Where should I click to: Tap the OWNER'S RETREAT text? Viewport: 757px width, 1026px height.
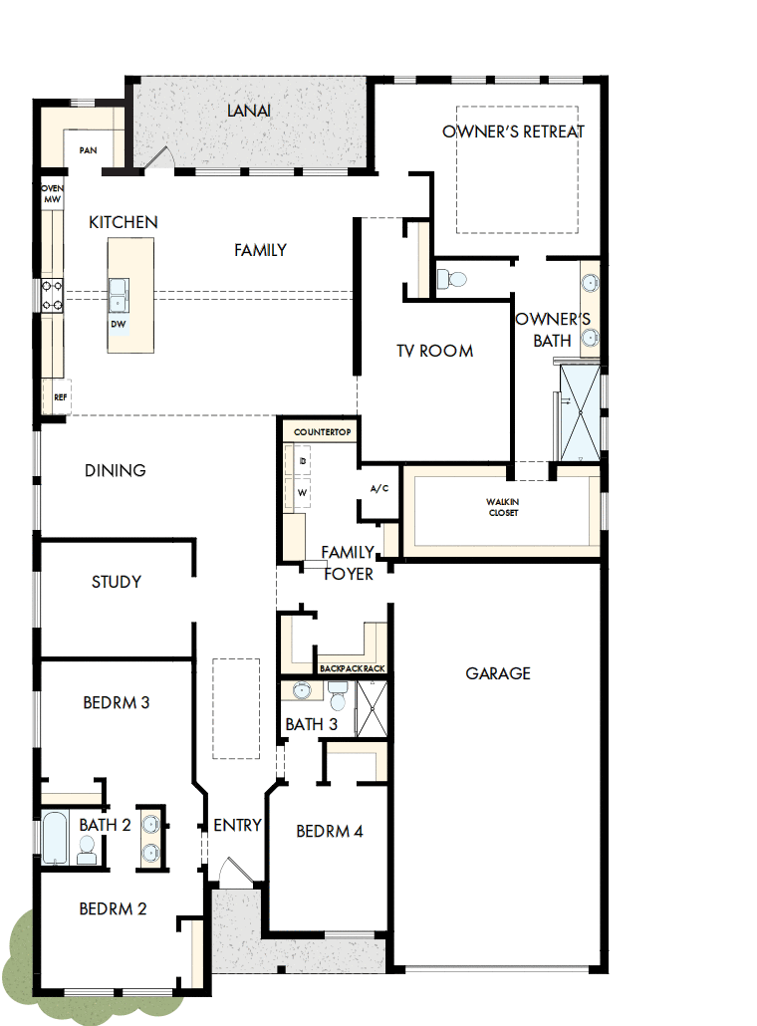[514, 131]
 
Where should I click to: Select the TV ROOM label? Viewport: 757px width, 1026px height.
[434, 351]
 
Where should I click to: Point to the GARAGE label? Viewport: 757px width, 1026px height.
[498, 673]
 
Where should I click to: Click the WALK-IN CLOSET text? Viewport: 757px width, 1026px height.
[503, 507]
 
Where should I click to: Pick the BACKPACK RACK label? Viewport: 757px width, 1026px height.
[352, 667]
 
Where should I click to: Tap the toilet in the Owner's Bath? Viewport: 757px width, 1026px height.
[453, 277]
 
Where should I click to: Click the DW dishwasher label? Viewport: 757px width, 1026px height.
[118, 324]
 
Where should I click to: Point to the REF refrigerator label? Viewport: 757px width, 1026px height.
[60, 397]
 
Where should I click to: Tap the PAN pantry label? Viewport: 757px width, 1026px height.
[88, 150]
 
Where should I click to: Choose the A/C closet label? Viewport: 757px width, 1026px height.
[378, 489]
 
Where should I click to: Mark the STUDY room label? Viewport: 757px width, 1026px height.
[117, 582]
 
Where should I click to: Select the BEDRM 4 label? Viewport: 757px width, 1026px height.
[329, 831]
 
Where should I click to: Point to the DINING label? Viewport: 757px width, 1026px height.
[116, 470]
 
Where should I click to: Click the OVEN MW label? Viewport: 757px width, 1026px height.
[52, 194]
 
